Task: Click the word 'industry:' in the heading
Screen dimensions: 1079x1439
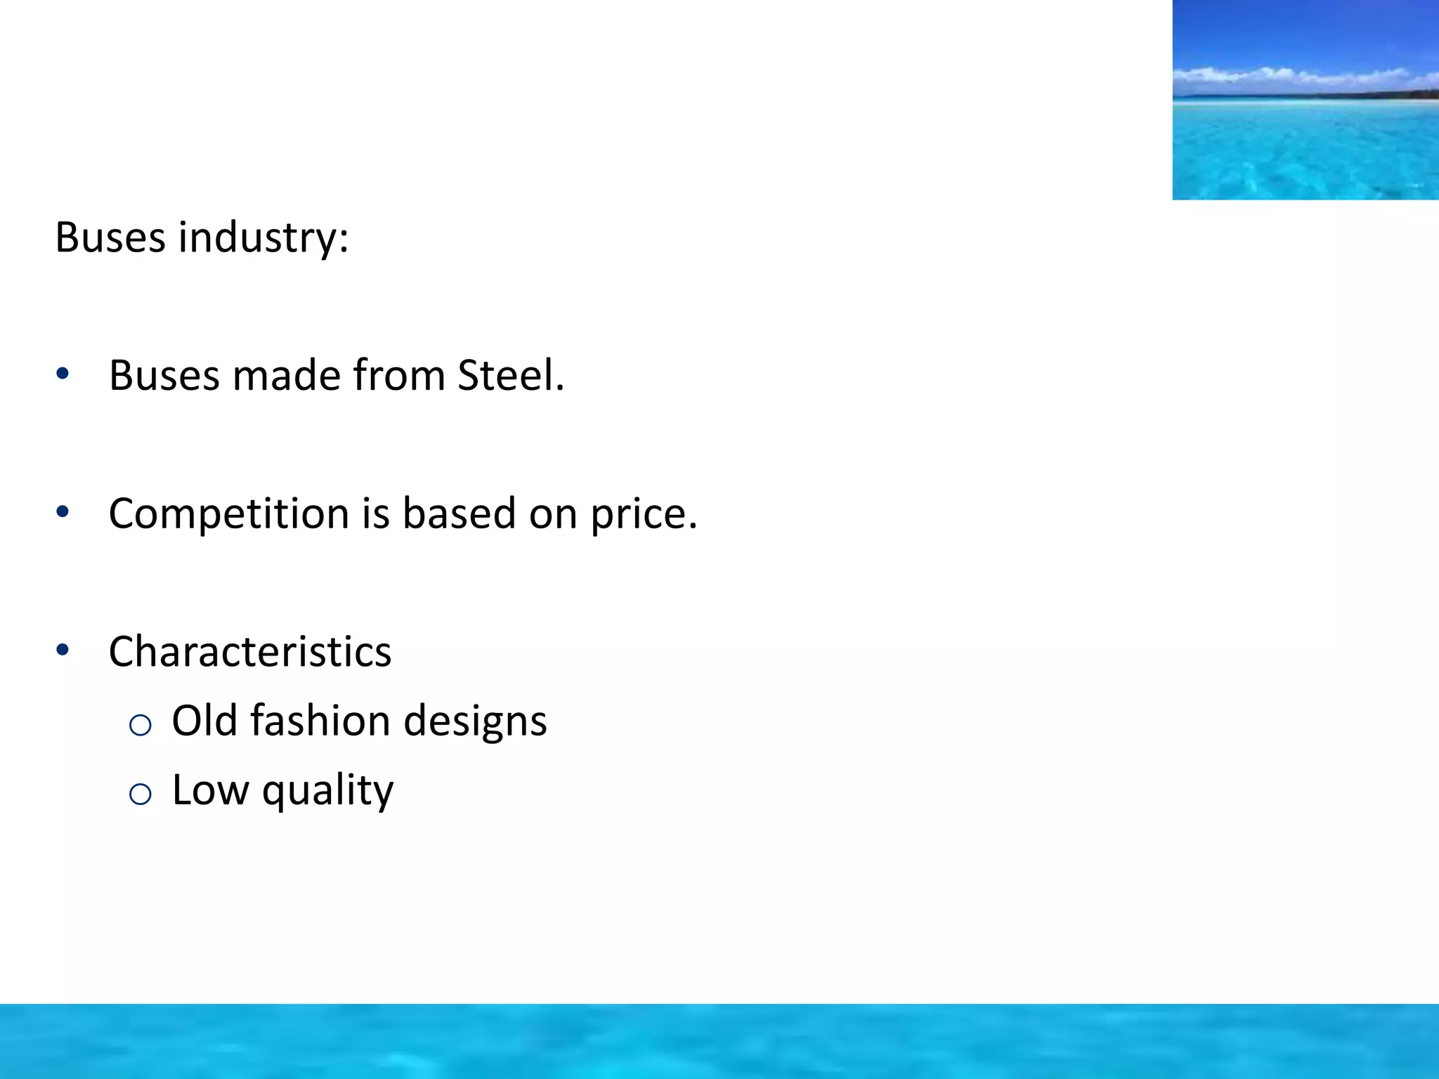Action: click(x=263, y=237)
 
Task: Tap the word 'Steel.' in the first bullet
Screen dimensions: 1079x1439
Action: click(x=511, y=375)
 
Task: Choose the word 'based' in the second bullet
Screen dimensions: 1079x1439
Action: click(x=460, y=514)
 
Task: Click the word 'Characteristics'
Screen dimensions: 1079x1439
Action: click(x=250, y=651)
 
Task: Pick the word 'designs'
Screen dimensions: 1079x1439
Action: click(x=475, y=722)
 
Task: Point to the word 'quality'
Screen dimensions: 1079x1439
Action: click(x=327, y=791)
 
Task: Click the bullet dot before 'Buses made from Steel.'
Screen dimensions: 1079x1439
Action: click(x=63, y=374)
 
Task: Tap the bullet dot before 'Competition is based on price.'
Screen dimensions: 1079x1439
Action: click(x=63, y=512)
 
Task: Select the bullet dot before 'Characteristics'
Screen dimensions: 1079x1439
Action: click(x=63, y=650)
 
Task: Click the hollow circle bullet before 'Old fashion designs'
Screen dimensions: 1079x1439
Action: click(x=141, y=724)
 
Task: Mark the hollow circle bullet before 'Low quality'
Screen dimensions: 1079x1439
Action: click(x=141, y=794)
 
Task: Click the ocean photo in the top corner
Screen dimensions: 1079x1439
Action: click(x=1305, y=100)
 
